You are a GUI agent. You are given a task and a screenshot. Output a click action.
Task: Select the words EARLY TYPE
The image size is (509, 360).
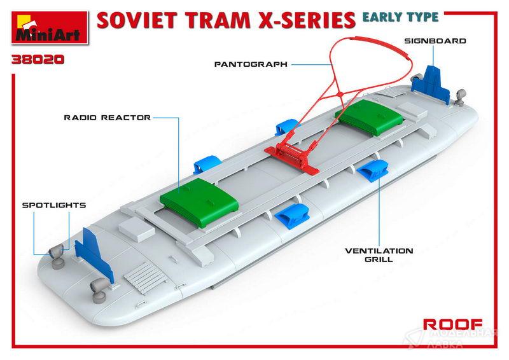coord(400,17)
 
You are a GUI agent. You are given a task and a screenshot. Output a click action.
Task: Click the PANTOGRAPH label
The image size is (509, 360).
coord(251,64)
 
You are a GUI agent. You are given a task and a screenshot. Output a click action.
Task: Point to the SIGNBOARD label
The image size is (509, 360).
coord(435,41)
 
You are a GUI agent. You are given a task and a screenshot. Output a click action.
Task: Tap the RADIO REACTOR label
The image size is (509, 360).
coord(107,118)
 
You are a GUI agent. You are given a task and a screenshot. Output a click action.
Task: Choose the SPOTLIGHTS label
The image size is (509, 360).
coord(54,205)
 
